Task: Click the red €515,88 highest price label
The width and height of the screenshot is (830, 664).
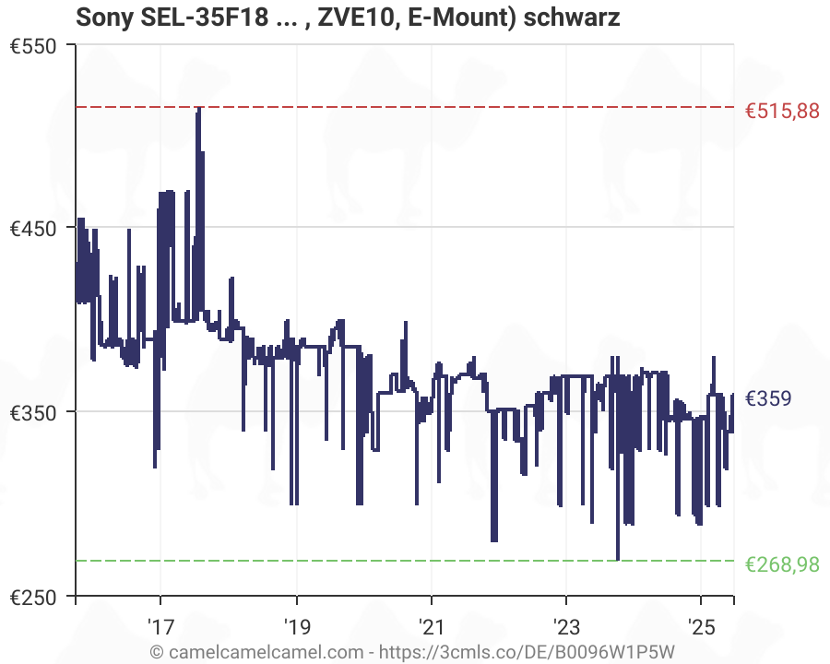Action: [x=781, y=112]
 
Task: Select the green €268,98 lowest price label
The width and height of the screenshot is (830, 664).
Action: [x=781, y=564]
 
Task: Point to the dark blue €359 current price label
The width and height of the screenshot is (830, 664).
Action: [x=767, y=398]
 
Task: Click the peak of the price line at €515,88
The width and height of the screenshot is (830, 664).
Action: [x=198, y=109]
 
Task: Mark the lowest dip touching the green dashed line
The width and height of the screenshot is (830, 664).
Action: [x=617, y=559]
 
